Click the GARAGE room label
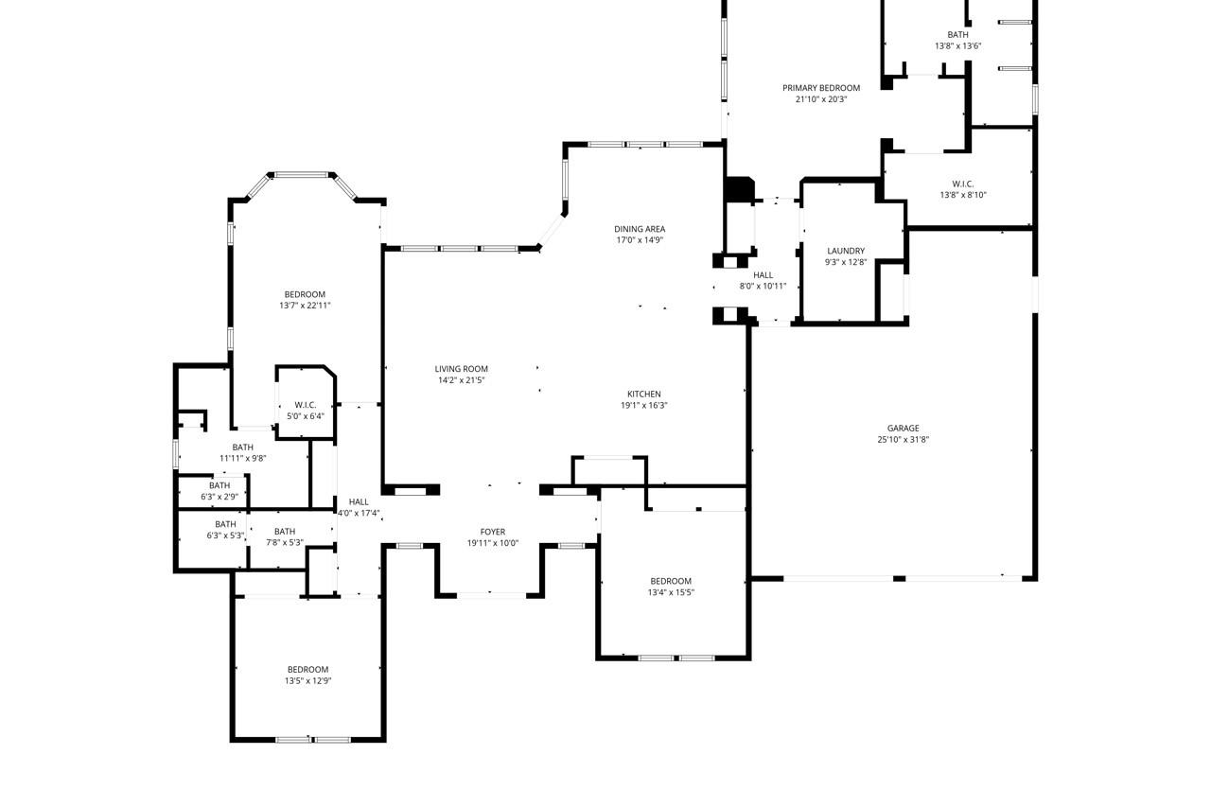[x=903, y=429]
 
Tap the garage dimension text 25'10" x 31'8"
[x=903, y=440]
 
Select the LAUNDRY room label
[x=845, y=252]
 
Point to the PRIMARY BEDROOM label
[x=821, y=88]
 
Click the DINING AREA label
[x=640, y=229]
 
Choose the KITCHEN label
[x=643, y=395]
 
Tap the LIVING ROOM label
[x=462, y=369]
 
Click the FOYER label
[x=492, y=533]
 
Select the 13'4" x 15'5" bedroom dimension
[x=670, y=593]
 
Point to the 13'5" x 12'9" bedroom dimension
[x=308, y=681]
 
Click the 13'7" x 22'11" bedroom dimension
[x=305, y=306]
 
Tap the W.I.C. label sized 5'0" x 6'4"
[x=305, y=405]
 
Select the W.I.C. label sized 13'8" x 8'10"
[x=963, y=184]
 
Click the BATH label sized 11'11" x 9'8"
[x=243, y=447]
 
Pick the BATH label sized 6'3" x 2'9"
[x=219, y=485]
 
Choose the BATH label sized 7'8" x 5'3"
[x=285, y=532]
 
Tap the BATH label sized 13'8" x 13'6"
[x=957, y=35]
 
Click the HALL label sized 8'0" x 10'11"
[x=763, y=275]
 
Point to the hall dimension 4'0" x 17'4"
[x=359, y=514]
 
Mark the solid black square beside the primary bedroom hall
[x=738, y=189]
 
